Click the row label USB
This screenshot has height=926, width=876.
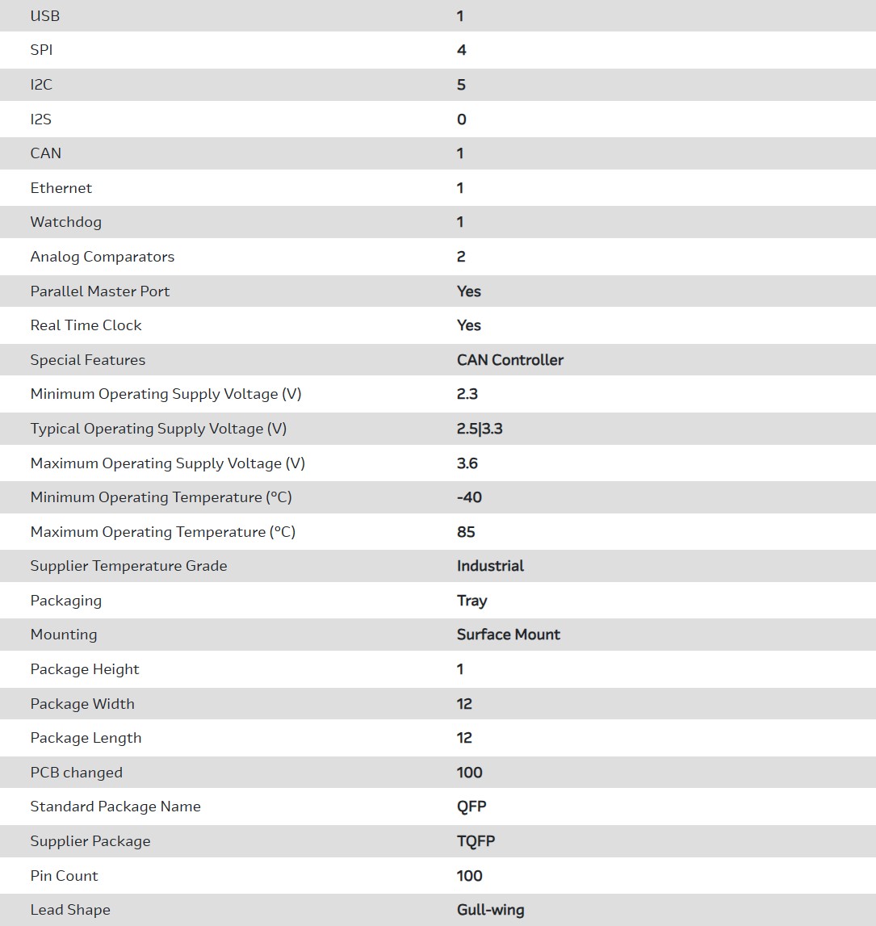[x=45, y=16]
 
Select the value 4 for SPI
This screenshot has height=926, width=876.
[x=462, y=50]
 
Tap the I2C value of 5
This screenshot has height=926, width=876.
[x=462, y=85]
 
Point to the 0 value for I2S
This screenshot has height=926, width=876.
[x=462, y=119]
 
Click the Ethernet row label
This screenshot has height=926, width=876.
[x=61, y=188]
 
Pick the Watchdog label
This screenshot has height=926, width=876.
[x=66, y=222]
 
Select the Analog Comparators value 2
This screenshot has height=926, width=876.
[x=462, y=257]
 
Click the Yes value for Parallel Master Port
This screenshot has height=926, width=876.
[x=469, y=291]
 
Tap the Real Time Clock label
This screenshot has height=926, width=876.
[x=86, y=325]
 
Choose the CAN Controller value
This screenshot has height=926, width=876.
[x=510, y=360]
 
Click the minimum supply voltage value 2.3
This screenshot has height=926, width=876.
[x=467, y=394]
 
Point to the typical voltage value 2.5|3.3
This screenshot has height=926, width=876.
[x=480, y=429]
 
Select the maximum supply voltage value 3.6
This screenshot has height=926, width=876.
[x=467, y=463]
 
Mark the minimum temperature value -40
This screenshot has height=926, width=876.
[x=469, y=497]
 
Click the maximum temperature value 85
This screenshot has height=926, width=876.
[x=466, y=532]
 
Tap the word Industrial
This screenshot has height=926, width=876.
[x=490, y=566]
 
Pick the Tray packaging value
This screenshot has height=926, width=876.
[x=472, y=601]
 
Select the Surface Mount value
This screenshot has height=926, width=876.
[x=509, y=635]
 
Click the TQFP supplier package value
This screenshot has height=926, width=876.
[x=476, y=841]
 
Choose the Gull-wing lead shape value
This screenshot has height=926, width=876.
[x=491, y=910]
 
